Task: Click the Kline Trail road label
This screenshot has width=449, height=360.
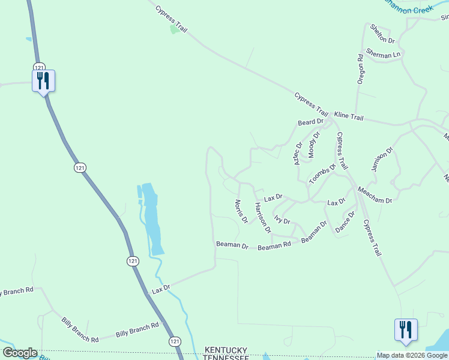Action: point(349,116)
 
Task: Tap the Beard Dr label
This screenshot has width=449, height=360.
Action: point(311,122)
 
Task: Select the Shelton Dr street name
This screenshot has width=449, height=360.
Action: point(382,34)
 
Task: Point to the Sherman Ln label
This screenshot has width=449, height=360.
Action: point(383,55)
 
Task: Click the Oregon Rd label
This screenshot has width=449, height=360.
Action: point(361,69)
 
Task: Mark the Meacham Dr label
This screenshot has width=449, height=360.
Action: point(375,195)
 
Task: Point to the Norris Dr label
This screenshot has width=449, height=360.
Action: point(241,211)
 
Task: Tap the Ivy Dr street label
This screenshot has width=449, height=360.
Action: point(282,220)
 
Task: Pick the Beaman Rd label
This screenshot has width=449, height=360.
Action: point(274,245)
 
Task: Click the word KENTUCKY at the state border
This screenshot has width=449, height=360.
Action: point(226,350)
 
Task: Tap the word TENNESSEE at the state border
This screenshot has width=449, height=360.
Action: point(226,358)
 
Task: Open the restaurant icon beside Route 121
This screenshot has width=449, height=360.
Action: point(43,80)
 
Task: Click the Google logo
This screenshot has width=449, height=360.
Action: point(20,353)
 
